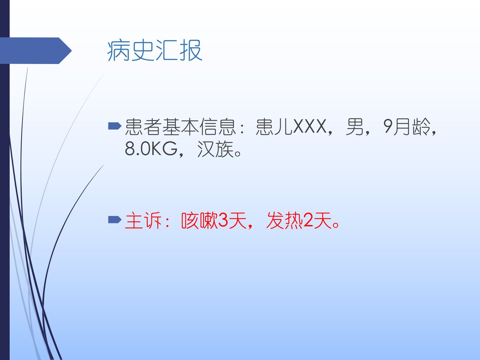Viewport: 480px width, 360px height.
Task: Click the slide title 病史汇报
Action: [155, 50]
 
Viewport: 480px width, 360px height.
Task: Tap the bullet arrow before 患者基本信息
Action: [115, 126]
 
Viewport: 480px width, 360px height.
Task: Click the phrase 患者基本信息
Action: [180, 127]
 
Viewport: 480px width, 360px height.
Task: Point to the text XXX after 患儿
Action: [310, 126]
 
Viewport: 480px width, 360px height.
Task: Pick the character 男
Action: [354, 127]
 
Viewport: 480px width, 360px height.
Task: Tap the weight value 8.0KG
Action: [151, 149]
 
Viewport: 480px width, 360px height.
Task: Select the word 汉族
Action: [215, 149]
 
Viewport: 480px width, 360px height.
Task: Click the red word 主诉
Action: [143, 220]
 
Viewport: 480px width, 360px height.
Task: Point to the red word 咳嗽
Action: [199, 220]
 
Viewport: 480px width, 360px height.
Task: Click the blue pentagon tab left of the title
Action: [36, 51]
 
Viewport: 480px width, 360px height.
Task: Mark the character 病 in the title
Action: [118, 50]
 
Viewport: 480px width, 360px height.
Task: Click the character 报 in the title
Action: [191, 50]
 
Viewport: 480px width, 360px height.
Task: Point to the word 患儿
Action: [274, 127]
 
